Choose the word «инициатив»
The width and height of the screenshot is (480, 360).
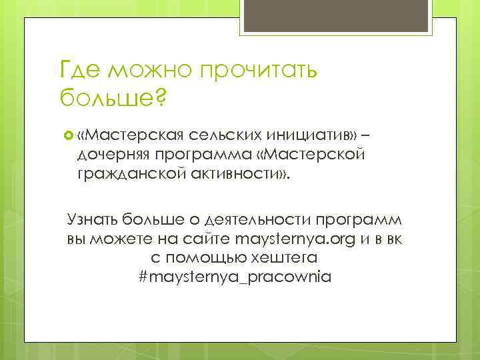point(314,136)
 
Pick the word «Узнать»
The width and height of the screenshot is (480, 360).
point(91,221)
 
